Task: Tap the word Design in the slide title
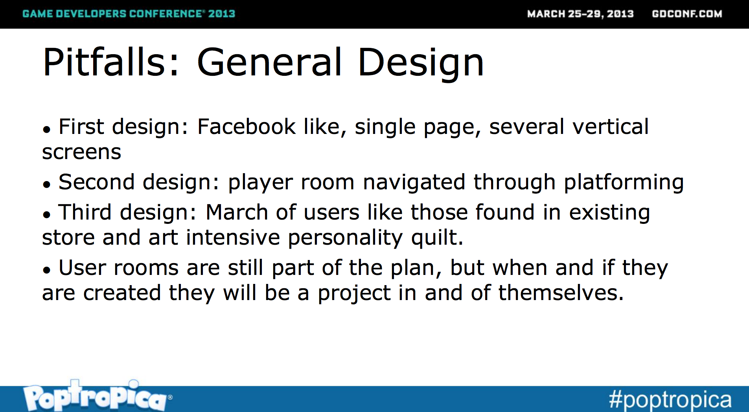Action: point(420,64)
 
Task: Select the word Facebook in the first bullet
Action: point(247,127)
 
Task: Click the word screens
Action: point(81,152)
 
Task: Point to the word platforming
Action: point(624,183)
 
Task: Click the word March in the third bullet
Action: point(237,212)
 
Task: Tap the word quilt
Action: point(437,238)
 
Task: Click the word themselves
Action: point(561,293)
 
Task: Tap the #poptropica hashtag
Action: point(670,400)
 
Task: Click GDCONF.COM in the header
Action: point(687,14)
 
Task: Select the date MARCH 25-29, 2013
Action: point(580,14)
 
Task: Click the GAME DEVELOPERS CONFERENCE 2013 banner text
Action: point(129,14)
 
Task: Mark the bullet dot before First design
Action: point(47,129)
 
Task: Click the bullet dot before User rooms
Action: point(47,270)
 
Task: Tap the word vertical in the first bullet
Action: point(611,127)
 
